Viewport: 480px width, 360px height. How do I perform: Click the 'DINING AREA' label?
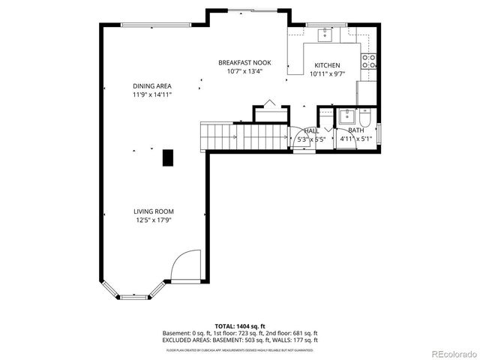pos(152,86)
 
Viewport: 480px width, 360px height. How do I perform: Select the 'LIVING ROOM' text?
pos(153,211)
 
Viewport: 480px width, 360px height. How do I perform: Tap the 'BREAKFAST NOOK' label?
pos(244,62)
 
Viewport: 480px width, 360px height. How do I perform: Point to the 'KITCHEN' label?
pos(327,65)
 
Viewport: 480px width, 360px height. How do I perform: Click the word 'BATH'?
pos(346,130)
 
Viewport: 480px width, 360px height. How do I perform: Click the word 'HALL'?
pos(310,130)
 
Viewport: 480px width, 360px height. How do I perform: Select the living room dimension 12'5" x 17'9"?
pos(153,220)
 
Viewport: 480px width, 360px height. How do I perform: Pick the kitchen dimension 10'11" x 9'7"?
pos(327,74)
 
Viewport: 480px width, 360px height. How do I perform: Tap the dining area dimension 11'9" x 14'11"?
pos(152,95)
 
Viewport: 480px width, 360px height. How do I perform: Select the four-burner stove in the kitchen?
pos(369,61)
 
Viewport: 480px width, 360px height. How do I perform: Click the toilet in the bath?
pos(365,118)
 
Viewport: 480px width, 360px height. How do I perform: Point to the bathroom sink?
pos(346,116)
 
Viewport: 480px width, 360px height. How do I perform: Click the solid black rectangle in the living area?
pos(169,157)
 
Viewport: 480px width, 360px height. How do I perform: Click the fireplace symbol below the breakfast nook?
pos(270,112)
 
